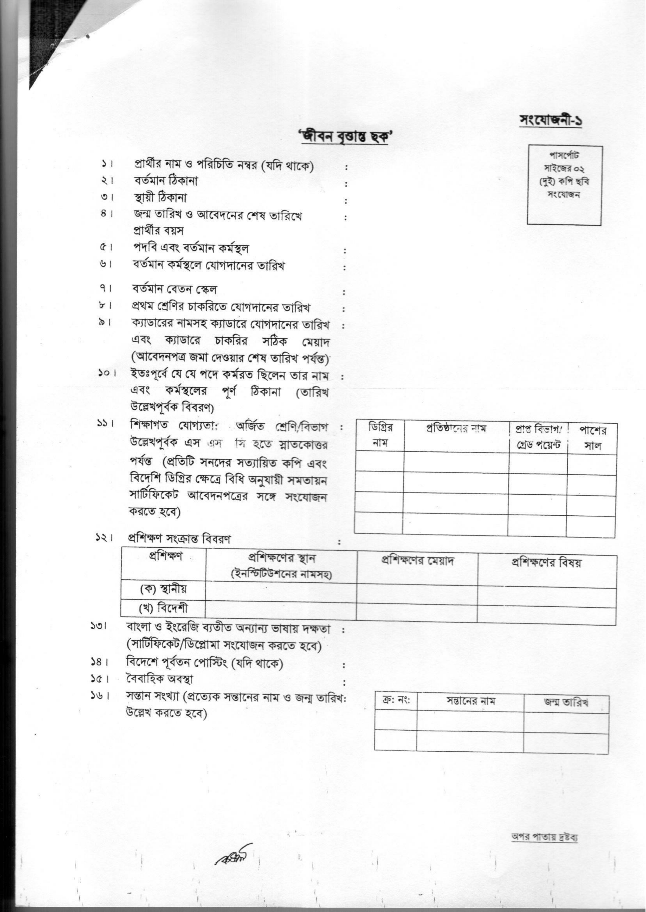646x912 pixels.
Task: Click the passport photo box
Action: [564, 185]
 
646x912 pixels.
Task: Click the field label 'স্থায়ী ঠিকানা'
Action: [160, 198]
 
